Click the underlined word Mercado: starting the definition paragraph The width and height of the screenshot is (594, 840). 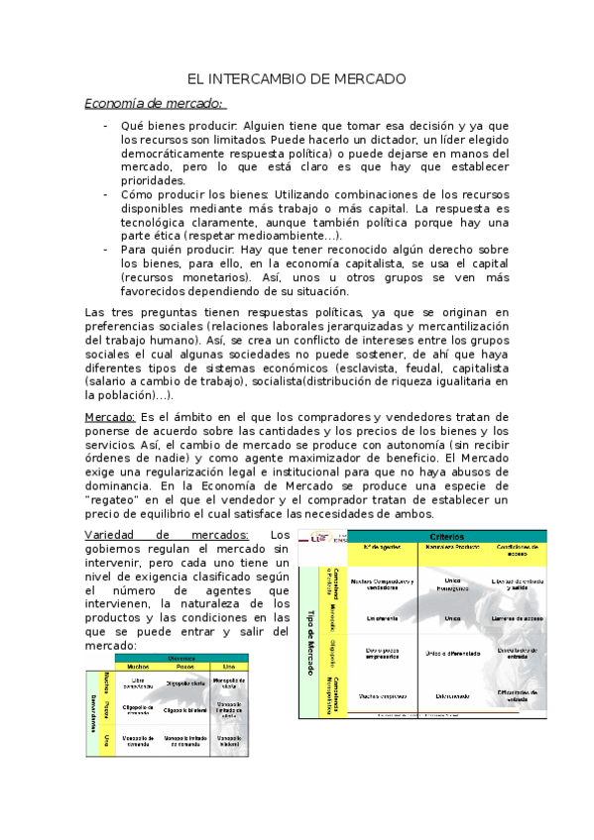click(109, 417)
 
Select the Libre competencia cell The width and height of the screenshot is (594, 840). click(138, 683)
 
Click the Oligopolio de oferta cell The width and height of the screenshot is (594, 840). click(179, 683)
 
